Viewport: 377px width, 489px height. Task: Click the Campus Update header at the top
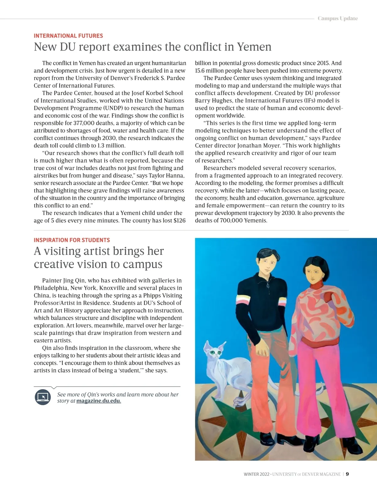click(x=337, y=18)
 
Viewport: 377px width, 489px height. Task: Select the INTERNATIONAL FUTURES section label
click(x=68, y=36)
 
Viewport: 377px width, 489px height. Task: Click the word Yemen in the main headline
click(x=254, y=47)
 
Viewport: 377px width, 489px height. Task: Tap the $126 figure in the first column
click(x=179, y=220)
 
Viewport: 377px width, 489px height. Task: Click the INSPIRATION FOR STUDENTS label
click(x=72, y=240)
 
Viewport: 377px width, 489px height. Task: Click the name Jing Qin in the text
click(x=74, y=281)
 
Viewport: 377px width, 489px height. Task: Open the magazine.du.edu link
click(x=99, y=401)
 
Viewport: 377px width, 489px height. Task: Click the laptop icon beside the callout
click(x=43, y=397)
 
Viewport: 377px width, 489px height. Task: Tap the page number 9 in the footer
click(x=347, y=474)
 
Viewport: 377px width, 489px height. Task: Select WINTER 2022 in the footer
click(x=256, y=474)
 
